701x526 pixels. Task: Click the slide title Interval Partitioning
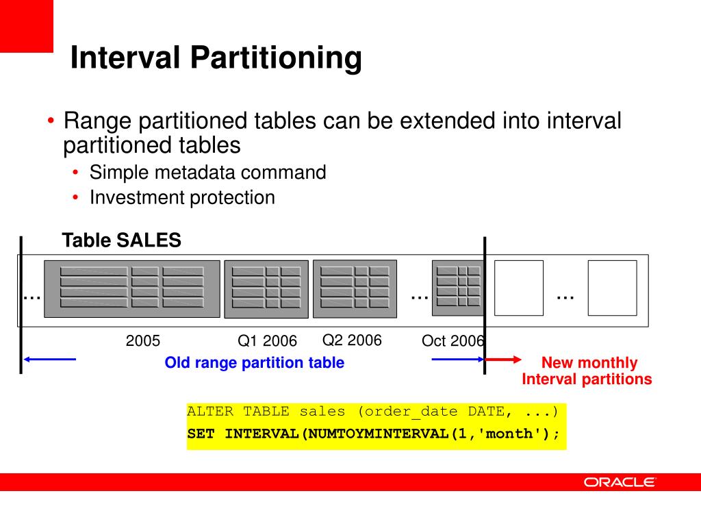pyautogui.click(x=216, y=58)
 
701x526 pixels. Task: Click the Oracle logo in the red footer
pyautogui.click(x=620, y=482)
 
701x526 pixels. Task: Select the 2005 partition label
pyautogui.click(x=142, y=340)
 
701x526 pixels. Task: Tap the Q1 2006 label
pyautogui.click(x=267, y=341)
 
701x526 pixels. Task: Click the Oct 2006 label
pyautogui.click(x=453, y=341)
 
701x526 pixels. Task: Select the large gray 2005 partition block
pyautogui.click(x=132, y=289)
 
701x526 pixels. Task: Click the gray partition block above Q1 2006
pyautogui.click(x=266, y=289)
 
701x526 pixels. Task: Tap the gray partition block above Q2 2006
pyautogui.click(x=355, y=289)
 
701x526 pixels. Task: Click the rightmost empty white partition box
pyautogui.click(x=612, y=288)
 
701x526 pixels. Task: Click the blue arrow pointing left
pyautogui.click(x=49, y=359)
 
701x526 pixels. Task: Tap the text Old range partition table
pyautogui.click(x=254, y=363)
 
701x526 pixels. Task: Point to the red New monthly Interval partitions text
pyautogui.click(x=588, y=371)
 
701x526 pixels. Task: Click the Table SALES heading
pyautogui.click(x=121, y=240)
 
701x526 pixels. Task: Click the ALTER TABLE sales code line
pyautogui.click(x=373, y=412)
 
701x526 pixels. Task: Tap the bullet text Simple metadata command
pyautogui.click(x=207, y=173)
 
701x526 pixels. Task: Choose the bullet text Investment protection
pyautogui.click(x=182, y=198)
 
